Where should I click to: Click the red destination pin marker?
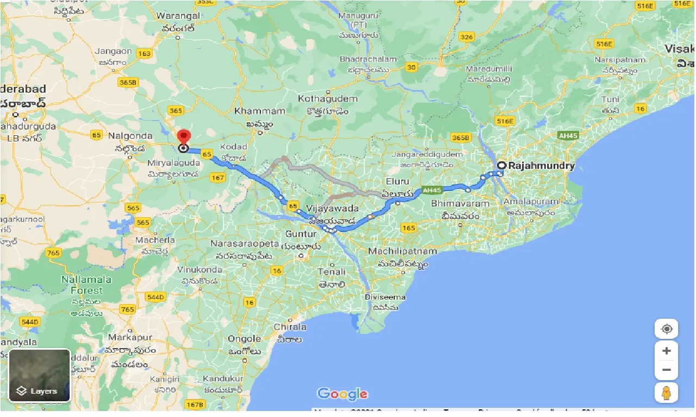tap(184, 136)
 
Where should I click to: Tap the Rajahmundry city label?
tap(541, 166)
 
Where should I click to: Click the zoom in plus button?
tap(667, 351)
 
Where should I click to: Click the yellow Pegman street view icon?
tap(667, 391)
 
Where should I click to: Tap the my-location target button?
tap(667, 329)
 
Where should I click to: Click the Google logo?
tap(343, 394)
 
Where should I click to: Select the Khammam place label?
tap(260, 111)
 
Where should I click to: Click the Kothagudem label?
tap(328, 99)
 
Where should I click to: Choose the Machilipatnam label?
tap(402, 251)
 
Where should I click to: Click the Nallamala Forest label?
tap(86, 285)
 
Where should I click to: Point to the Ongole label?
tap(245, 339)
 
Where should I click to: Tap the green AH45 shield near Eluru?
tap(431, 190)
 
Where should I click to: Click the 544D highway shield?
tap(155, 297)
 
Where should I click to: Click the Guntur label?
tap(301, 234)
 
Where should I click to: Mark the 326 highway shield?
tap(466, 37)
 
